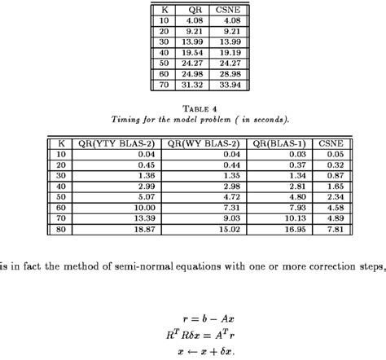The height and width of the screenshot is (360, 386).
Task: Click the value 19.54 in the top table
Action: pos(193,51)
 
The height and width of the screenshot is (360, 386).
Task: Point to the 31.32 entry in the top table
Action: pos(193,83)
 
